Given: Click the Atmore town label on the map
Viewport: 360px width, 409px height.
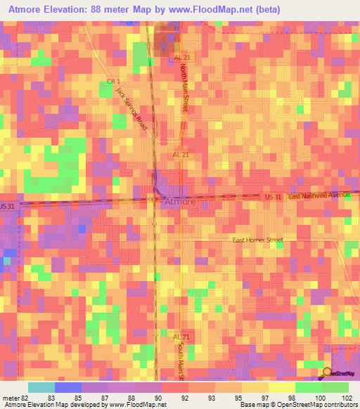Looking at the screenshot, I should click(180, 202).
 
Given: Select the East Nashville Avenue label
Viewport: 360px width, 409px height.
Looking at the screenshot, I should click(320, 197).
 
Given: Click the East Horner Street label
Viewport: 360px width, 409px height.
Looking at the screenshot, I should click(258, 240).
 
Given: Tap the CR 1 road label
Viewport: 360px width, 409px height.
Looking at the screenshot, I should click(110, 82).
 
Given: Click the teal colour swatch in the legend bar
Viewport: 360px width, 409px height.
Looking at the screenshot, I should click(41, 387).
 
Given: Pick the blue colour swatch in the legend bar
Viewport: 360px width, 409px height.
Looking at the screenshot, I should click(68, 387).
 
